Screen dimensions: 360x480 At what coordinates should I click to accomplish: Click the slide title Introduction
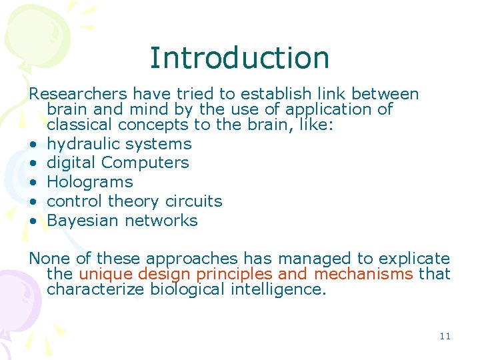(x=239, y=57)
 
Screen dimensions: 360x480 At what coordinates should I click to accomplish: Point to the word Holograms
(x=90, y=182)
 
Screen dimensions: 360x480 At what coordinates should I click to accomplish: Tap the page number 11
(x=445, y=336)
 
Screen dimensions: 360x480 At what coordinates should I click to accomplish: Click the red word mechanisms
(x=364, y=274)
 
